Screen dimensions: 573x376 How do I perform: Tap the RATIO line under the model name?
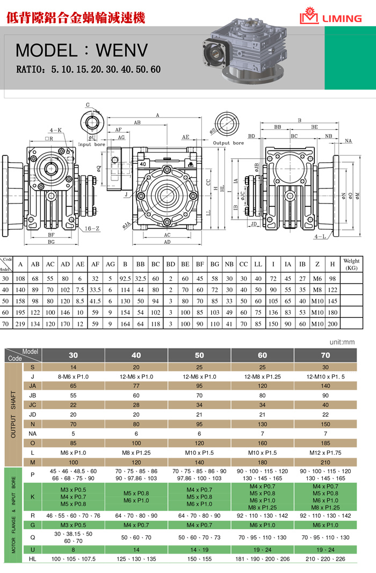pyautogui.click(x=89, y=70)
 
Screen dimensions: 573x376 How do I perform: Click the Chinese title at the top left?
pyautogui.click(x=75, y=18)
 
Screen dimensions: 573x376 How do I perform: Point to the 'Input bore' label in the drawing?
pyautogui.click(x=92, y=144)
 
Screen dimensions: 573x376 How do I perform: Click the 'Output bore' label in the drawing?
pyautogui.click(x=228, y=143)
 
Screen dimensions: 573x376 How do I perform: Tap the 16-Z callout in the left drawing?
pyautogui.click(x=92, y=228)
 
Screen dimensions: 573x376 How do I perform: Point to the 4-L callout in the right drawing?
pyautogui.click(x=320, y=236)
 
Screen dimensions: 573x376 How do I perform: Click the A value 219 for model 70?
pyautogui.click(x=20, y=324)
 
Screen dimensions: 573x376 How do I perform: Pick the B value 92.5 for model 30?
pyautogui.click(x=125, y=279)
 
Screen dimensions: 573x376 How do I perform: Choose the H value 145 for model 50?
pyautogui.click(x=332, y=301)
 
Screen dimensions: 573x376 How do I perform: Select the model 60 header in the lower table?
pyautogui.click(x=263, y=355)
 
